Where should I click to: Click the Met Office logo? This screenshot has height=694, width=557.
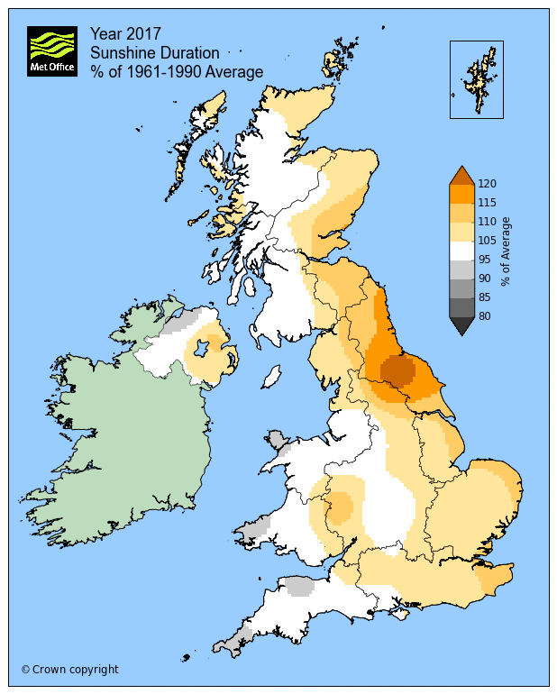point(51,51)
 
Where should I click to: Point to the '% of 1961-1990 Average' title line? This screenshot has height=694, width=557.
point(177,72)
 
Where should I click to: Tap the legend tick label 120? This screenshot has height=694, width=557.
point(488,183)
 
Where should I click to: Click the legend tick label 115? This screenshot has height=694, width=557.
point(488,202)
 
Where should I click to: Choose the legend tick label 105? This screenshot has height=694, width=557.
point(488,240)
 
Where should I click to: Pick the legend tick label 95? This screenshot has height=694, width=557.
point(487,259)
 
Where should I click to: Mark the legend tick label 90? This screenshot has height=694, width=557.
point(487,278)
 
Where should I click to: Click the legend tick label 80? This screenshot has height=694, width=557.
point(487,315)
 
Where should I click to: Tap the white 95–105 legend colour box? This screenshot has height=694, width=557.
point(461,250)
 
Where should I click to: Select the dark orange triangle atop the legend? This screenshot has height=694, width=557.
point(461,175)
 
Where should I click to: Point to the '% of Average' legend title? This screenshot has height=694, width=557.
point(507,251)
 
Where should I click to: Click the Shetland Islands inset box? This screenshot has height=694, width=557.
point(476,79)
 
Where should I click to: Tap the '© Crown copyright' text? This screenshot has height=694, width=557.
point(69,670)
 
